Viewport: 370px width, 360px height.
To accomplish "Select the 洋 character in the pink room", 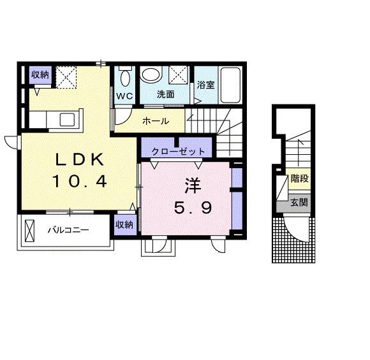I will tap(193, 185).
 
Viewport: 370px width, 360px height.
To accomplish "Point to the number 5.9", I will tap(193, 207).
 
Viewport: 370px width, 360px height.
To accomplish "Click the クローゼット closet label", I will tap(178, 152).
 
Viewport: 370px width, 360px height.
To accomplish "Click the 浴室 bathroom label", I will tap(205, 85).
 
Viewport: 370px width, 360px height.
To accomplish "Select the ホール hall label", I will tap(155, 121).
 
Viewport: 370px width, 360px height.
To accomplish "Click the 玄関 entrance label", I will tap(299, 204).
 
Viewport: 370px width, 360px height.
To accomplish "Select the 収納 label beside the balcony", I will tap(124, 224).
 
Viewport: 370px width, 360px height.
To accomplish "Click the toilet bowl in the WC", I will tap(124, 78).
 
